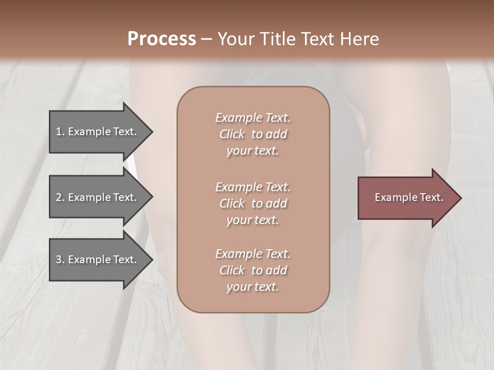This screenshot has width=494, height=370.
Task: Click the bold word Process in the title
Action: pos(162,39)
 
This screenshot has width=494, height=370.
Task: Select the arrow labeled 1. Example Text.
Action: pos(96,132)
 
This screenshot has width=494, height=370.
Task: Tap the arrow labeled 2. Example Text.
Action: pos(96,197)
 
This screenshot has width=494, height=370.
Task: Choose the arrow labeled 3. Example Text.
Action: pos(96,260)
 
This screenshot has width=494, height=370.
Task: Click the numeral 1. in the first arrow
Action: pos(60,132)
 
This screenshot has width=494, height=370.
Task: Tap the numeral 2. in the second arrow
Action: pos(60,197)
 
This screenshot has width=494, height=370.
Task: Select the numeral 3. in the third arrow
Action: pos(60,260)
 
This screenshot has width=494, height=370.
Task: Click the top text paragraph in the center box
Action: pos(253,134)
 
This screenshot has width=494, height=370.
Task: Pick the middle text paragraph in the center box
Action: pos(253,203)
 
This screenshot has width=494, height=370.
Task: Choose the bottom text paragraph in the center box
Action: pos(253,270)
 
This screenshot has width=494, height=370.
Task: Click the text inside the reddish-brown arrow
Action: pos(409,198)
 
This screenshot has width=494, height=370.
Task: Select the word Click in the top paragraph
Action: pos(232,134)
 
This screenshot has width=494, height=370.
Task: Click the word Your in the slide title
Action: pos(235,39)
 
